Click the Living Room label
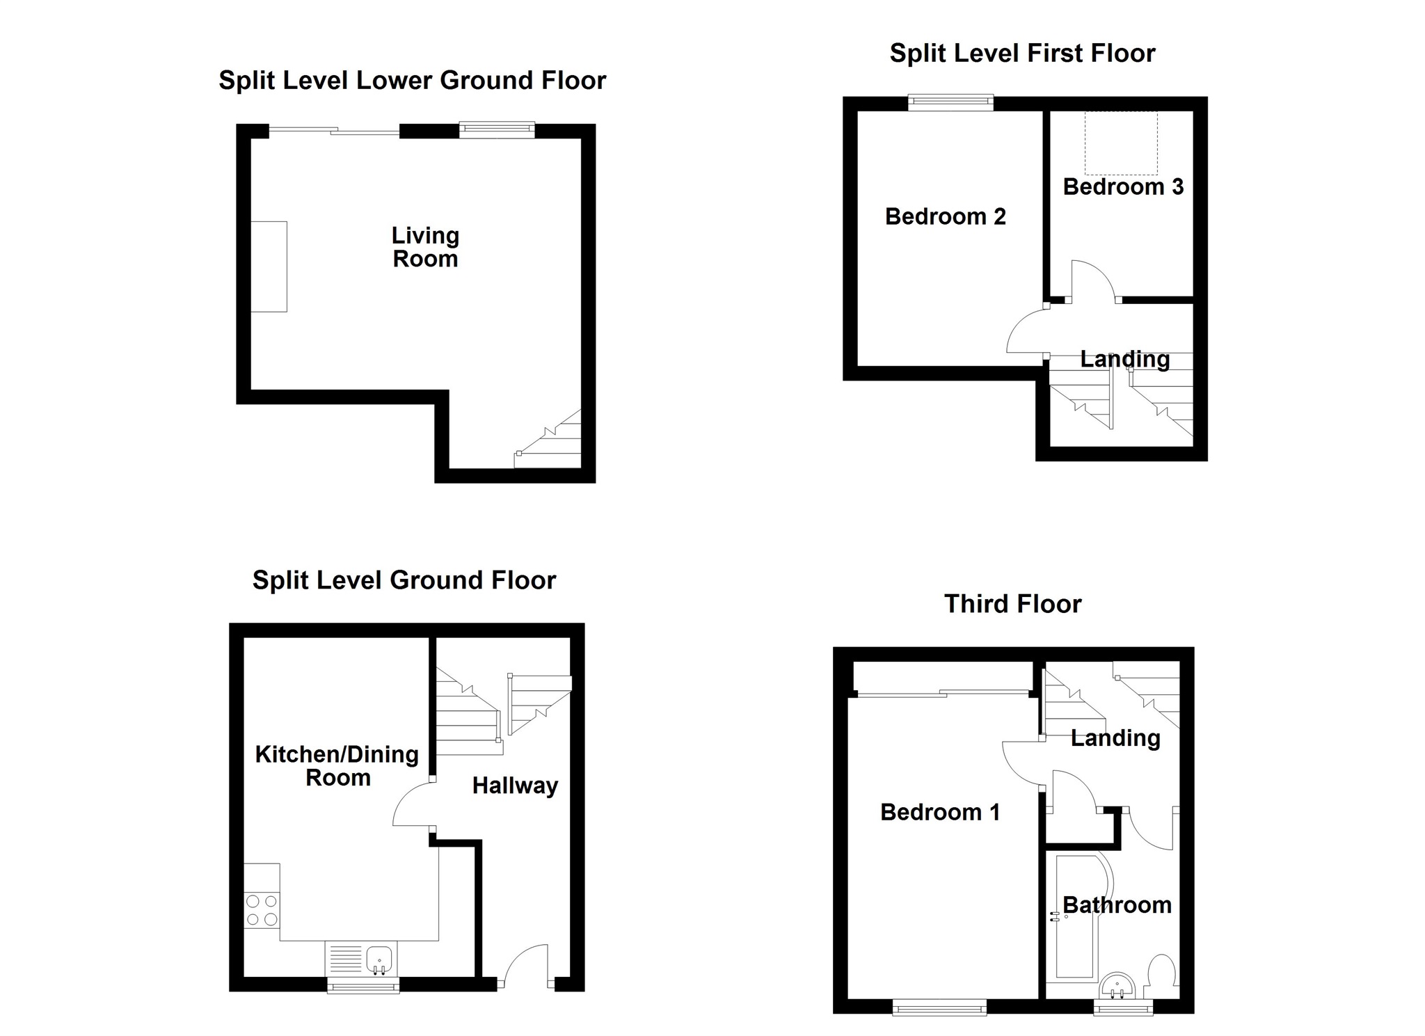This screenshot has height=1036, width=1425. [425, 247]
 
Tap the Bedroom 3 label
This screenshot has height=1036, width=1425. [1123, 186]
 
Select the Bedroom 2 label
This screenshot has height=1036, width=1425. [945, 216]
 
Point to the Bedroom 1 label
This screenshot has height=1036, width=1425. [940, 812]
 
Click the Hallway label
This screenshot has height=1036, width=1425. [515, 786]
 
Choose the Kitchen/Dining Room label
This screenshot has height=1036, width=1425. [337, 765]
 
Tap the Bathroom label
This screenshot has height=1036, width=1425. [1117, 904]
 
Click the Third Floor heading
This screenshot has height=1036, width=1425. [1012, 604]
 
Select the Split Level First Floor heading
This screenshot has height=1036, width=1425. [1022, 54]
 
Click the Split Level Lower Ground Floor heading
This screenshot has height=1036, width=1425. [413, 81]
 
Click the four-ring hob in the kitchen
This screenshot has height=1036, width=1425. [262, 910]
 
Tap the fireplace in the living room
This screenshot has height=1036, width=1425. [269, 266]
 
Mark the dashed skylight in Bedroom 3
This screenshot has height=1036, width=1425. [1121, 143]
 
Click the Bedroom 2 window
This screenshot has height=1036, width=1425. [950, 103]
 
